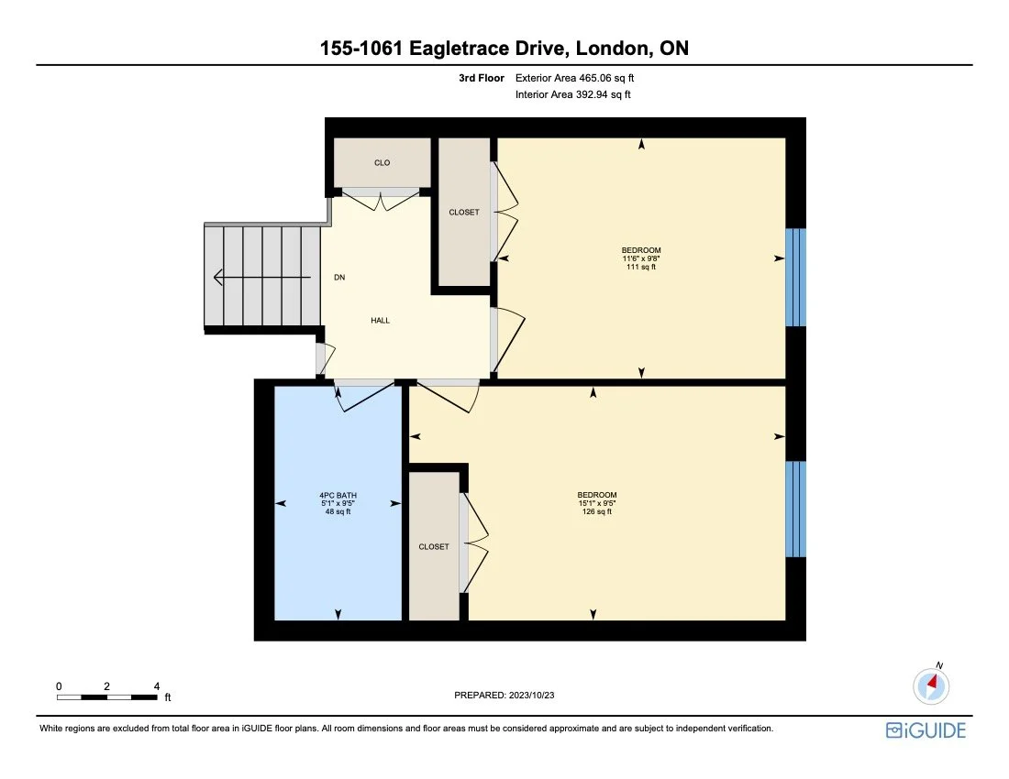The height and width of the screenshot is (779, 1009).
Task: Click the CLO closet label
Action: tap(383, 163)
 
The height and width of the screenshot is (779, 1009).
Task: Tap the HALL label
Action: tap(381, 321)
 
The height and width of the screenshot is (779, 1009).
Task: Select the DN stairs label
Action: tap(339, 277)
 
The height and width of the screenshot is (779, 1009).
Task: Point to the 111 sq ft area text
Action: tap(641, 268)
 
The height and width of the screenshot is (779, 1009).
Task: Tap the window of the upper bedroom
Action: tap(795, 277)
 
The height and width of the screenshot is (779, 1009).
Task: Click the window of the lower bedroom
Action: tap(795, 509)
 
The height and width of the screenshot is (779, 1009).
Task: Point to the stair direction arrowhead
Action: tap(218, 277)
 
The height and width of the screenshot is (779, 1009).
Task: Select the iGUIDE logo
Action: tap(926, 730)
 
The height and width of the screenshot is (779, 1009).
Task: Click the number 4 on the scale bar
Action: tap(157, 686)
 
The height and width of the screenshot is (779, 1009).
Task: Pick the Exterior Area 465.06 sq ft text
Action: tap(574, 79)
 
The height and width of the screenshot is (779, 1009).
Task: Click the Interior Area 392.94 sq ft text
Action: tap(572, 94)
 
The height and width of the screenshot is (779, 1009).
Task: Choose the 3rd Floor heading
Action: tap(482, 79)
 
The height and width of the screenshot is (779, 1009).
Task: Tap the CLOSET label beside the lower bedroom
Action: tap(434, 546)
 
